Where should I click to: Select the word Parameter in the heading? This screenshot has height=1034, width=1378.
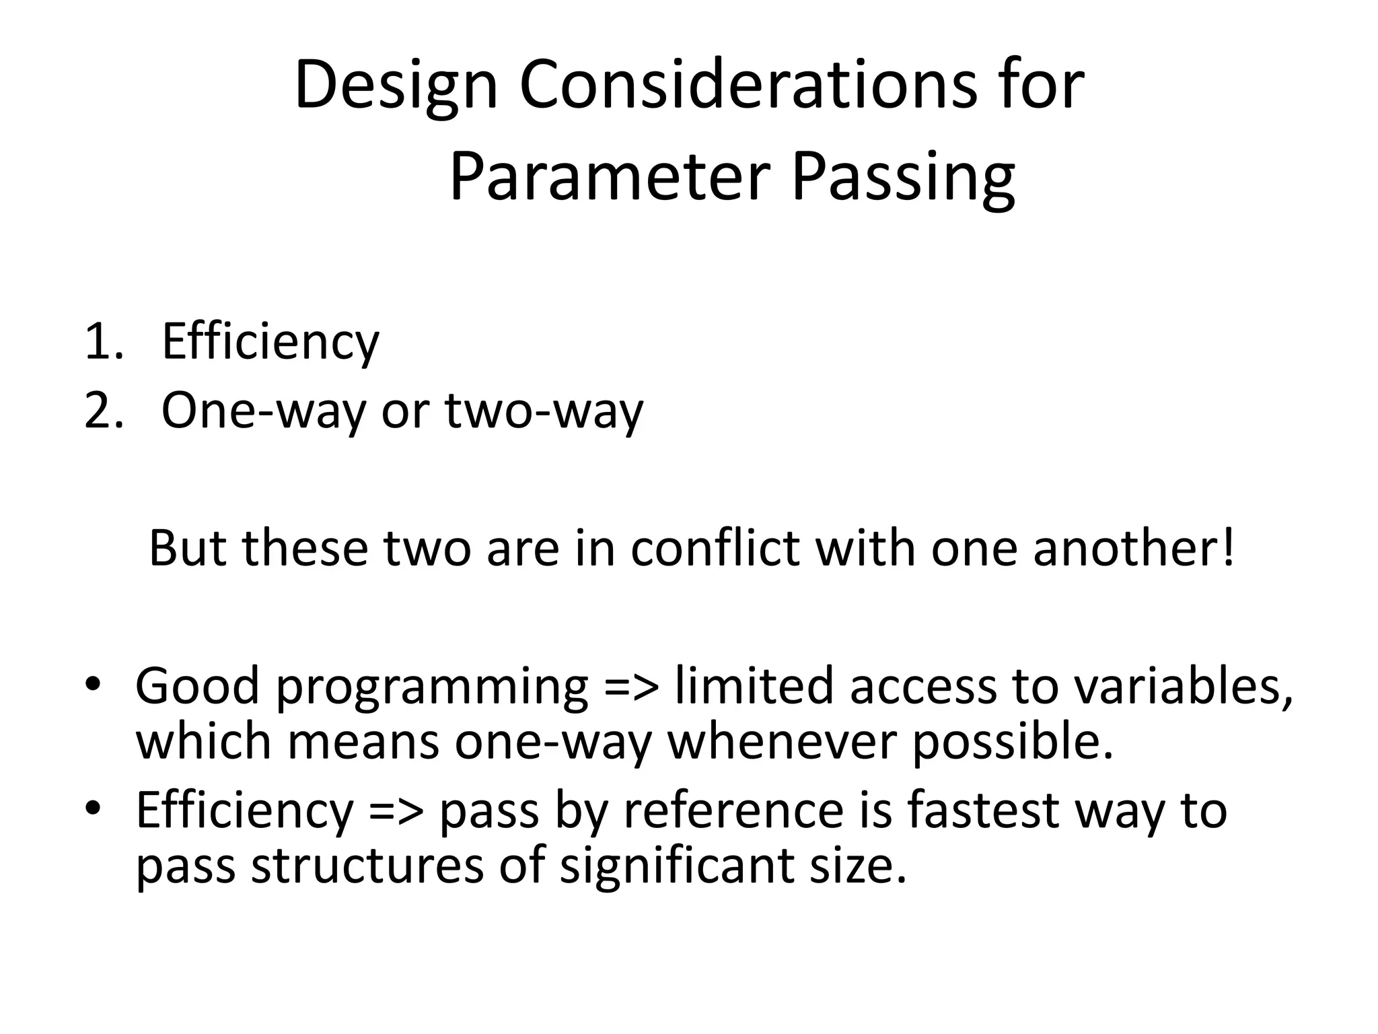coord(609,177)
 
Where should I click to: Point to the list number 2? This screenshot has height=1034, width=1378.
coord(103,411)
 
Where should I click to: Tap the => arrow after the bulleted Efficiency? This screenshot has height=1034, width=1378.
coord(396,811)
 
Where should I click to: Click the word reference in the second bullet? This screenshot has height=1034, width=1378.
coord(733,811)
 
